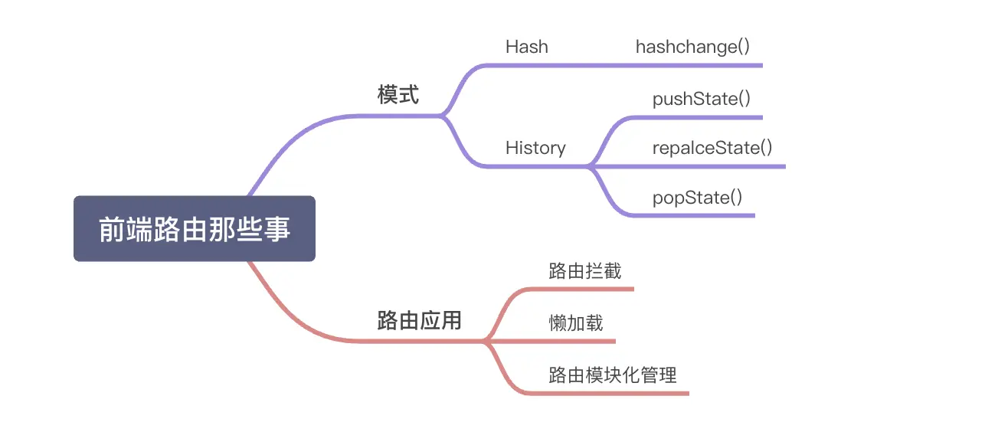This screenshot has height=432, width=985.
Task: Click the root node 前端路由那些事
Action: [x=195, y=229]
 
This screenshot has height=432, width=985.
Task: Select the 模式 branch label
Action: [x=398, y=95]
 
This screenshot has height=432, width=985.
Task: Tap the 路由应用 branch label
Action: [x=419, y=320]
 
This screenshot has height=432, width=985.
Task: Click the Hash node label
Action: [x=527, y=47]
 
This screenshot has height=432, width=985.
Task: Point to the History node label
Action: [x=535, y=148]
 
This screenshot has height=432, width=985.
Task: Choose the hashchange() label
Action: [x=692, y=47]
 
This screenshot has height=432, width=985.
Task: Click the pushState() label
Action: [x=701, y=99]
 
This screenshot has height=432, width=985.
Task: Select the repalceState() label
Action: [x=712, y=148]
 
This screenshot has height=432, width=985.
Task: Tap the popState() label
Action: [x=697, y=198]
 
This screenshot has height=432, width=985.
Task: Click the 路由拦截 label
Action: [x=584, y=271]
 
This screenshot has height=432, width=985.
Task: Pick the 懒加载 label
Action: [x=576, y=322]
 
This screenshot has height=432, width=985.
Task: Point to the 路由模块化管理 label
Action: [x=613, y=375]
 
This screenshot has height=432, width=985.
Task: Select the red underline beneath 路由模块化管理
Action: [x=613, y=394]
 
